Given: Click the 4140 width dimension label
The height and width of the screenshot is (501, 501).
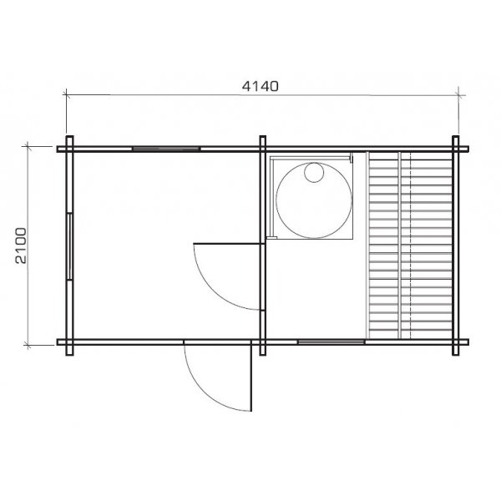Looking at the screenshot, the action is click(x=260, y=86).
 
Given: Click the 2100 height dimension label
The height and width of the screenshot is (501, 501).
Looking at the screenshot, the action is click(x=21, y=245).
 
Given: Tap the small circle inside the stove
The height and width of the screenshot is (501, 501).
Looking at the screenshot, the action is click(x=314, y=173).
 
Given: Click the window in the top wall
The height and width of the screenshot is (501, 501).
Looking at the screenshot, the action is click(x=166, y=149).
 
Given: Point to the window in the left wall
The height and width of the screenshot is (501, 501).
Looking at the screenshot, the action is click(x=69, y=246).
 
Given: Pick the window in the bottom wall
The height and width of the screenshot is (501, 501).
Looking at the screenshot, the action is click(x=331, y=342).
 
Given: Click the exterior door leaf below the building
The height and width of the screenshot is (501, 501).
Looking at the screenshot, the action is click(x=251, y=376).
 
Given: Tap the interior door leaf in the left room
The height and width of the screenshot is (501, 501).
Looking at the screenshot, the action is click(x=227, y=244).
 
